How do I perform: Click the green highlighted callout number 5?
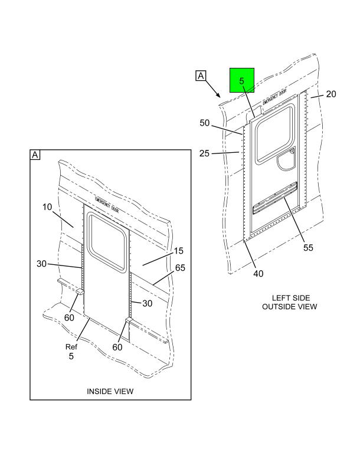coord(242,81)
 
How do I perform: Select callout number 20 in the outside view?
coord(331,94)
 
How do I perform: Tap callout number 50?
coord(204,123)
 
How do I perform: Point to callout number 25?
coord(204,153)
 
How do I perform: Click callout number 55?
coord(308,247)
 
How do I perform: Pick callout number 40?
coord(258,273)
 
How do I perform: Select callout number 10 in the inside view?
coord(47,207)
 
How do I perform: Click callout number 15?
coord(178,251)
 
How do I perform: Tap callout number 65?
coord(180,268)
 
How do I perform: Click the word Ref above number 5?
coord(71,347)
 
